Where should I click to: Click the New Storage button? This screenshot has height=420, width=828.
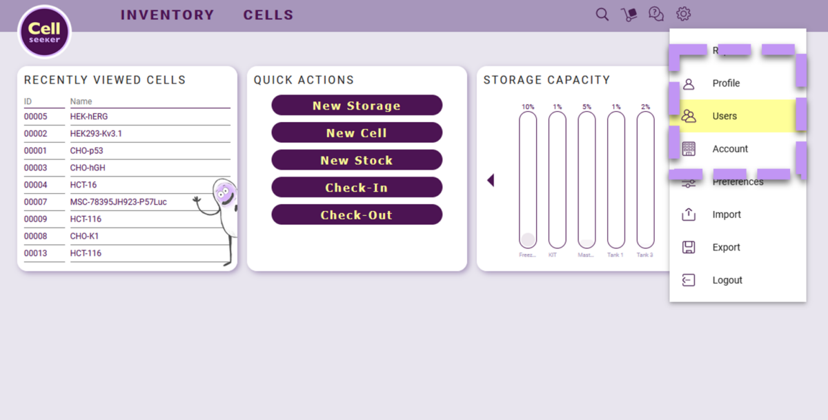tap(356, 106)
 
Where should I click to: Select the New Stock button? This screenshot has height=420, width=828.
tap(356, 160)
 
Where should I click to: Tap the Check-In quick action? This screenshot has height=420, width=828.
tap(356, 188)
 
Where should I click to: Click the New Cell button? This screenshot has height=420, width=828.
tap(356, 133)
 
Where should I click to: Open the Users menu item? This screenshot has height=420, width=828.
tap(724, 116)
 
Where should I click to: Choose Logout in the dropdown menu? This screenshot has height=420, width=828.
tap(727, 280)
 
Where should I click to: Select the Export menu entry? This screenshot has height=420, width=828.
tap(726, 247)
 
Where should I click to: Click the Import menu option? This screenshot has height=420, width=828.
tap(726, 214)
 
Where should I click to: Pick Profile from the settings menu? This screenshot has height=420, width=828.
tap(726, 83)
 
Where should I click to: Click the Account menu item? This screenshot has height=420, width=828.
tap(730, 149)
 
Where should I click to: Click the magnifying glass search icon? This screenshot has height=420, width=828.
tap(602, 14)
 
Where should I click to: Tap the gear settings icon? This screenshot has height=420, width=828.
tap(683, 14)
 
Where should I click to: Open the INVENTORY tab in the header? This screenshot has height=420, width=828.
tap(168, 15)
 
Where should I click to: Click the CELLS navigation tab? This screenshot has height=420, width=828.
tap(268, 15)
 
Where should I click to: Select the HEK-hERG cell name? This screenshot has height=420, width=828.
tap(89, 117)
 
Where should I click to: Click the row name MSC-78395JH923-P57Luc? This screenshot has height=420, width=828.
tap(118, 202)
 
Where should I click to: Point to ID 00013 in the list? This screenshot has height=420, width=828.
tap(36, 253)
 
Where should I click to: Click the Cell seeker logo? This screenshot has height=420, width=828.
tap(45, 32)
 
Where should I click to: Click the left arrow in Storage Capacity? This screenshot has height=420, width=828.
tap(491, 180)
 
